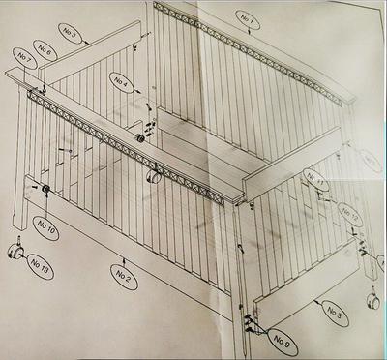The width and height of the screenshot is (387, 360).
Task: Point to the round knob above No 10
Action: (45, 187)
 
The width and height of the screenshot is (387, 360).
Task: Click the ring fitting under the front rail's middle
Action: (152, 178)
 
